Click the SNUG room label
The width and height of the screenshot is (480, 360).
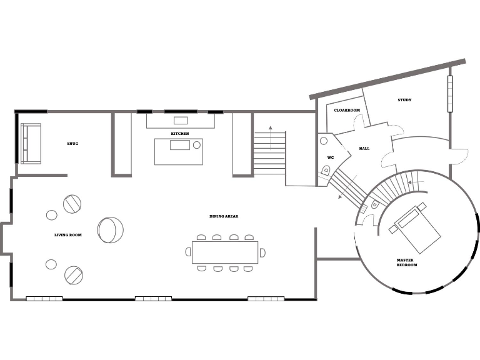pyautogui.click(x=72, y=144)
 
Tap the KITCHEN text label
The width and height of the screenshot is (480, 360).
pyautogui.click(x=180, y=134)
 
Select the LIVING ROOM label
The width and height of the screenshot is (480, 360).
pyautogui.click(x=68, y=235)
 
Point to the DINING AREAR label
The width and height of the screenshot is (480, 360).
pyautogui.click(x=224, y=216)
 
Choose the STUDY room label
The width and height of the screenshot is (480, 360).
pyautogui.click(x=404, y=100)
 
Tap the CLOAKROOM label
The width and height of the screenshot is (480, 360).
pyautogui.click(x=347, y=110)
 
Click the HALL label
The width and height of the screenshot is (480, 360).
pyautogui.click(x=364, y=148)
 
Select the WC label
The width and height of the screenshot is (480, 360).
pyautogui.click(x=331, y=157)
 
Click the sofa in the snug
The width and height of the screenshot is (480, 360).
pyautogui.click(x=31, y=143)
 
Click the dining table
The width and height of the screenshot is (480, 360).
pyautogui.click(x=225, y=252)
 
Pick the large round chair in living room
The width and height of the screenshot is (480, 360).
pyautogui.click(x=111, y=229)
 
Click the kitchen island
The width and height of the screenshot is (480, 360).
pyautogui.click(x=179, y=151)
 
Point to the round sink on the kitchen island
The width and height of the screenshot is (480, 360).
pyautogui.click(x=196, y=145)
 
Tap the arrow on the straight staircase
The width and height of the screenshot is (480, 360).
pyautogui.click(x=270, y=128)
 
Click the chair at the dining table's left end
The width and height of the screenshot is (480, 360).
pyautogui.click(x=188, y=252)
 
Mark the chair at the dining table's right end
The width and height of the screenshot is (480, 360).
pyautogui.click(x=262, y=252)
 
